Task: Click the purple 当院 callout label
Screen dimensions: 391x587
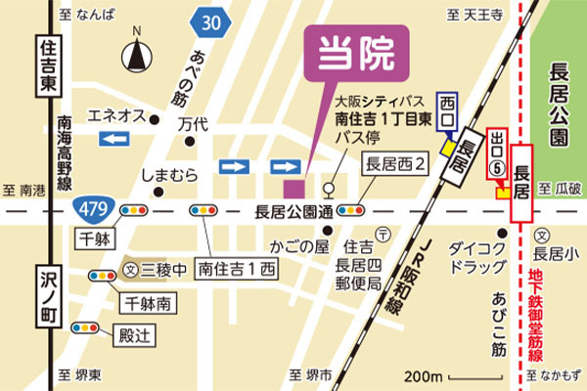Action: point(357,56)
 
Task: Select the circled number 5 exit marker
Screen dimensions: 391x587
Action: point(499,167)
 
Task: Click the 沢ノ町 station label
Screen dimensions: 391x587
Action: point(45,294)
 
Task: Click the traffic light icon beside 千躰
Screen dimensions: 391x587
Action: point(133,210)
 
